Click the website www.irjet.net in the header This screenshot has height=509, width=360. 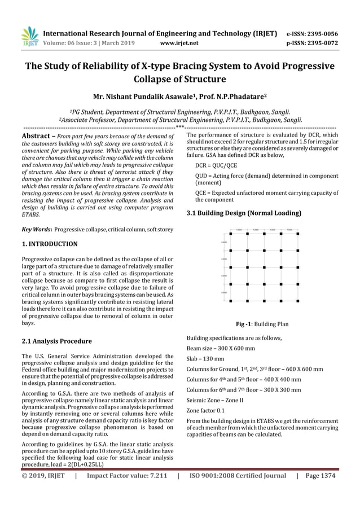click(x=179, y=42)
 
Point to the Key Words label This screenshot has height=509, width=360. click(x=37, y=230)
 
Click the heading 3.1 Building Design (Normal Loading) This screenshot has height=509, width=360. click(x=243, y=213)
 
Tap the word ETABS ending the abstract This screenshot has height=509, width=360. click(x=31, y=215)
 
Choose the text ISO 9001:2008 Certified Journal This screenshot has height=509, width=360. click(x=238, y=476)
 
